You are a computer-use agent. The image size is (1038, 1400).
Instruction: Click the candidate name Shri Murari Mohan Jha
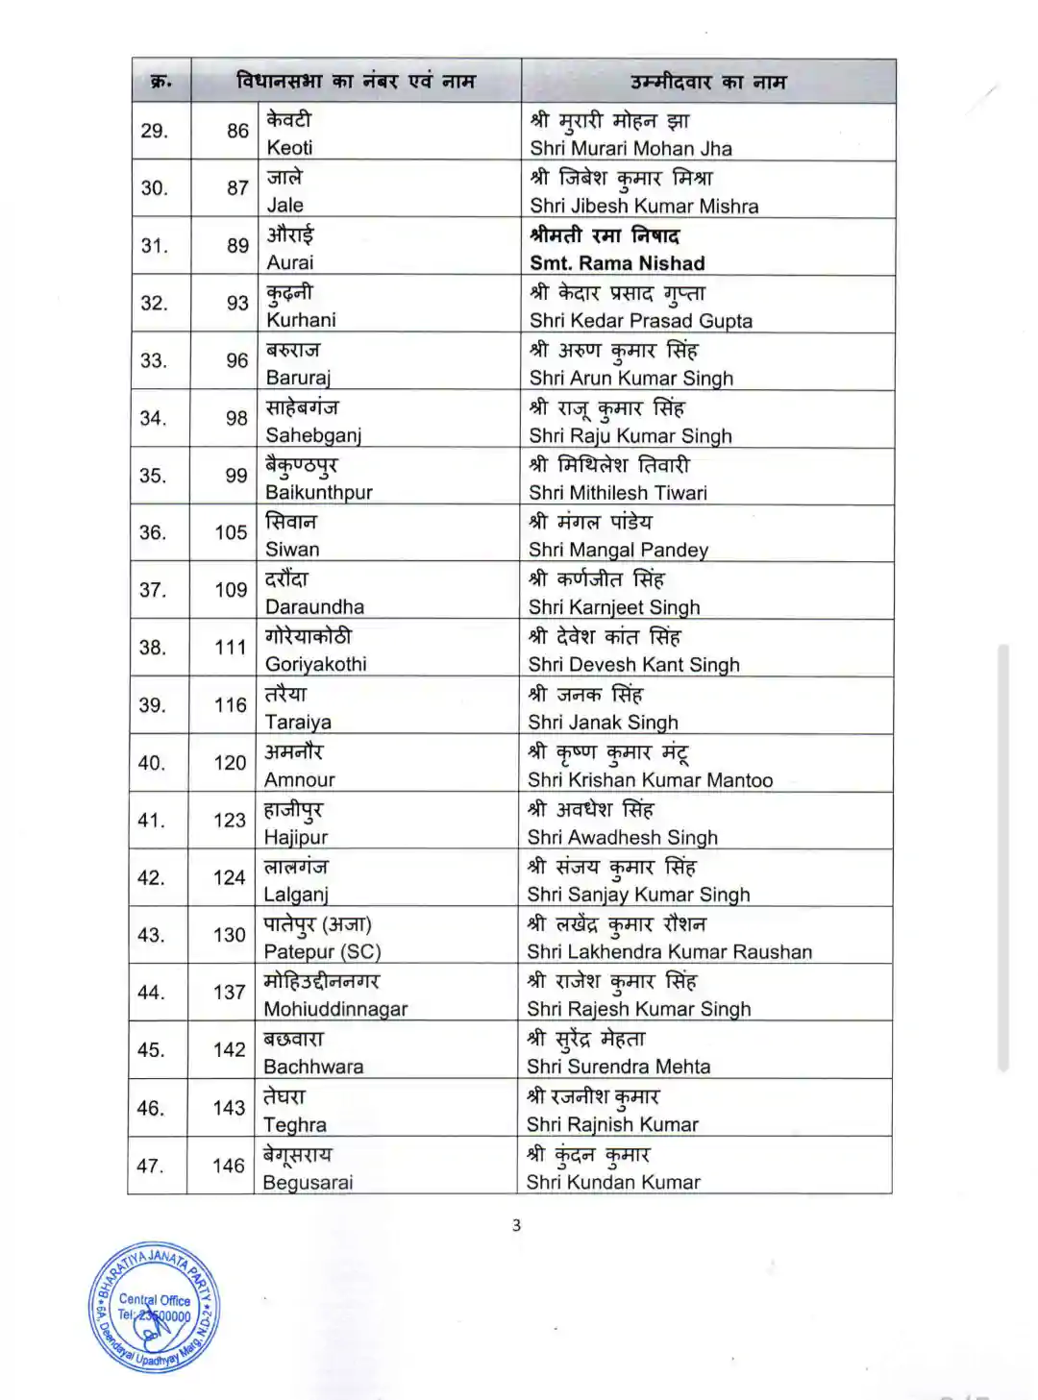point(630,149)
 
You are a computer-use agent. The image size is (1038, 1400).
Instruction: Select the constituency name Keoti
point(289,148)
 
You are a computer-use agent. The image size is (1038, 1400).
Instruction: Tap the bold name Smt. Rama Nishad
point(617,263)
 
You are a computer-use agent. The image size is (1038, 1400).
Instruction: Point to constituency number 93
point(237,304)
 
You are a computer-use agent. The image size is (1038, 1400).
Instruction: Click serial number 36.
point(153,532)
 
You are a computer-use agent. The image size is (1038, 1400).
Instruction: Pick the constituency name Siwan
point(292,550)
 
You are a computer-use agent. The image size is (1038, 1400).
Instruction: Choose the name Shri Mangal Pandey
point(618,551)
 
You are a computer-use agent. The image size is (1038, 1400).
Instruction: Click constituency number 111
point(231,648)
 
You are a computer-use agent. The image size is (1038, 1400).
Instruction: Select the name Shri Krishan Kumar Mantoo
point(650,780)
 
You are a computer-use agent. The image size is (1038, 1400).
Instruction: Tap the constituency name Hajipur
point(296,838)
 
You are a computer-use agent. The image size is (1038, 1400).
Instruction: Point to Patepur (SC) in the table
point(322,952)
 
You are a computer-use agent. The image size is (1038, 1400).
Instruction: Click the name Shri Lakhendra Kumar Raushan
point(669,952)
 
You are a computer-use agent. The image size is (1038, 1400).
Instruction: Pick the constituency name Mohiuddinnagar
point(335,1009)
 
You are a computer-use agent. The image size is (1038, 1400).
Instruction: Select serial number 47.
point(150,1166)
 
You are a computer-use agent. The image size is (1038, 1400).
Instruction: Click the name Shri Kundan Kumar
point(613,1183)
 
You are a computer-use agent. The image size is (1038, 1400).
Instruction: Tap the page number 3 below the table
point(517,1225)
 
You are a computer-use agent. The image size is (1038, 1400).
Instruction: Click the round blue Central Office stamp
point(154,1308)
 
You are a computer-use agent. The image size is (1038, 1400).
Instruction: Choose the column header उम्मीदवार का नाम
point(708,83)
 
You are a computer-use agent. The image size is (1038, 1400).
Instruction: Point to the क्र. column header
point(161,83)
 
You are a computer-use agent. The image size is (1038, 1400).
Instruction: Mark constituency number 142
point(230,1050)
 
